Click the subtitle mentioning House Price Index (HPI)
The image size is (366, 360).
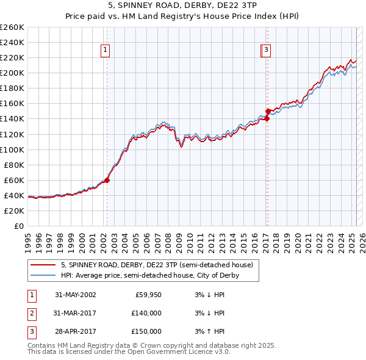(182, 18)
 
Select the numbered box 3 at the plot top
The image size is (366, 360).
(267, 51)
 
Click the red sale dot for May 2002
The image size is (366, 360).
(107, 180)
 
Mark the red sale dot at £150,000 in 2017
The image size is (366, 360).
(268, 111)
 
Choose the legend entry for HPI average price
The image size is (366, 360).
(149, 275)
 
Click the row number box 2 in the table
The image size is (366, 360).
(30, 313)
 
